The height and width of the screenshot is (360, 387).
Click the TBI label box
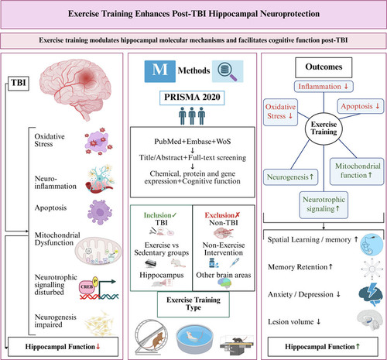coord(19,83)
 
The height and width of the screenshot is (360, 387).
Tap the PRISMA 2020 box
coord(192,98)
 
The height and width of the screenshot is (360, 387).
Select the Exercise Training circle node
coord(324,129)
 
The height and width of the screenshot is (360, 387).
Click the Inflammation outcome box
coord(324,87)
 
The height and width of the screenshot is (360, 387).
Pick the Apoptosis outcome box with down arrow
coord(361,106)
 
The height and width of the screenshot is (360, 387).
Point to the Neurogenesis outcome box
coord(290,177)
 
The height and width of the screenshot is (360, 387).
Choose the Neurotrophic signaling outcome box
coord(324,204)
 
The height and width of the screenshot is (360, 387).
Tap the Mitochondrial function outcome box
coord(357,171)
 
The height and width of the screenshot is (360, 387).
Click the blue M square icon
coord(160,71)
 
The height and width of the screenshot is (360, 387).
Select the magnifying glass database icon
coord(228,71)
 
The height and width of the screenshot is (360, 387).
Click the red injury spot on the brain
coord(87,77)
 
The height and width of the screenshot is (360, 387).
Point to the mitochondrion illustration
coord(98,252)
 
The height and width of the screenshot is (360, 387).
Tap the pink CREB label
coord(87,287)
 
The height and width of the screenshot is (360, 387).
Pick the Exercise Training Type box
coord(193,304)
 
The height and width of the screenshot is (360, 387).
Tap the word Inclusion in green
coord(157,215)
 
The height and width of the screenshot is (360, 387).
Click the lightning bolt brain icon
coord(371,294)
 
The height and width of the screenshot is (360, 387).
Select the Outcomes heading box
coord(324,67)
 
